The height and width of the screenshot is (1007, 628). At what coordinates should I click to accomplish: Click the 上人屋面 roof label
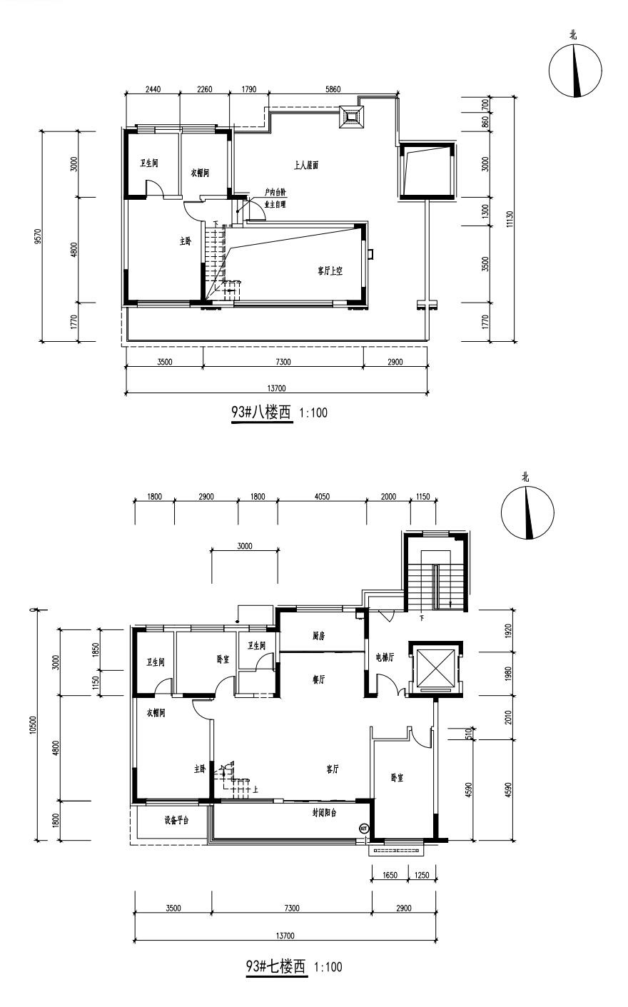click(306, 166)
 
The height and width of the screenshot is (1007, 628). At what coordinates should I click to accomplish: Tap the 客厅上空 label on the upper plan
click(330, 271)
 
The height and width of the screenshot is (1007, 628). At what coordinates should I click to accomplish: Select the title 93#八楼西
click(261, 413)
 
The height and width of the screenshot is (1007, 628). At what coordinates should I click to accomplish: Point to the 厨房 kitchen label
click(319, 636)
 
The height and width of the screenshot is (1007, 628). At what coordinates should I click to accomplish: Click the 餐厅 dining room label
click(319, 679)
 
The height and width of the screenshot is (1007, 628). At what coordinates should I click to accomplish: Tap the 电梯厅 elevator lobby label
click(385, 657)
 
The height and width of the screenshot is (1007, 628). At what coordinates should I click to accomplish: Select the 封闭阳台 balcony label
click(325, 812)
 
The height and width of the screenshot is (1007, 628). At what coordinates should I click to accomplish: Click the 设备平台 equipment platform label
click(177, 821)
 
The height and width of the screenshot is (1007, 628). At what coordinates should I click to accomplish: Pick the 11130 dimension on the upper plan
click(510, 219)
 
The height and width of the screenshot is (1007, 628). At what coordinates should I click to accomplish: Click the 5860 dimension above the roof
click(333, 89)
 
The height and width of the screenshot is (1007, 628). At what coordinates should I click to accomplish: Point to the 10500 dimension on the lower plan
click(32, 724)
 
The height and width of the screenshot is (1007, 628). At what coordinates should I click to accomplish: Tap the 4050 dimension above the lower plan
click(322, 496)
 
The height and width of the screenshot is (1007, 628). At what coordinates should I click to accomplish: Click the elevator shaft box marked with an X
click(435, 668)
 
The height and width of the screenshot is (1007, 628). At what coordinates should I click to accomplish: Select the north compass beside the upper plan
click(575, 71)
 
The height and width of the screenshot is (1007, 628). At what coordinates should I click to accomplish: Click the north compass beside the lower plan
click(528, 513)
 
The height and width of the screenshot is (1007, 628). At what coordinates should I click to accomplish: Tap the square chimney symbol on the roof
click(352, 118)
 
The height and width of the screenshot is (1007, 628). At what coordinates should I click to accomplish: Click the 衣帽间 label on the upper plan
click(200, 173)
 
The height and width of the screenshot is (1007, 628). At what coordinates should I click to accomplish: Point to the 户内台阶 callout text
click(275, 193)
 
